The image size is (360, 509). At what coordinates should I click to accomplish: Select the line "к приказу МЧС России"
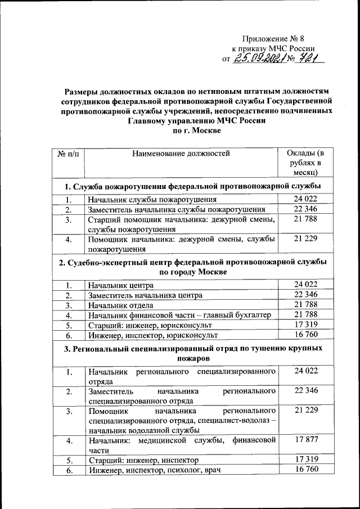(x=273, y=49)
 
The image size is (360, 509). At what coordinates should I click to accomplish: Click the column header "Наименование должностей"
(x=181, y=153)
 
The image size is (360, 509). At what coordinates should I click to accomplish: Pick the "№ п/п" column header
(x=69, y=153)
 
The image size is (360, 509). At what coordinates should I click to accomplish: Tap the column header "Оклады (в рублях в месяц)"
(x=305, y=163)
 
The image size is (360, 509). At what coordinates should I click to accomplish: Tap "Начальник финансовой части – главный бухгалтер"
(x=179, y=315)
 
